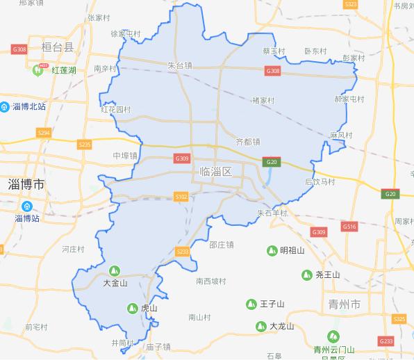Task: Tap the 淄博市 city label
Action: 26,184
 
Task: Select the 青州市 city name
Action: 345,305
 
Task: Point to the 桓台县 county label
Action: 57,48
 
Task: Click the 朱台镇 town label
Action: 180,65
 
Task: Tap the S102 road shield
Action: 181,197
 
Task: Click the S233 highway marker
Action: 183,251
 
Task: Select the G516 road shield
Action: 349,227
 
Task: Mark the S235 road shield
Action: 85,144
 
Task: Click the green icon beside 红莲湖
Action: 37,69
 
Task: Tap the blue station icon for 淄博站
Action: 26,206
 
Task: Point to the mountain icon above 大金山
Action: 115,270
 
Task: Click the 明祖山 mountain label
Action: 292,250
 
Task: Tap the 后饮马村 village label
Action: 320,182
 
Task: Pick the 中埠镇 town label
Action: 125,156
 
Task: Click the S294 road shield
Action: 44,132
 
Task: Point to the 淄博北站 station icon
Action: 5,106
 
